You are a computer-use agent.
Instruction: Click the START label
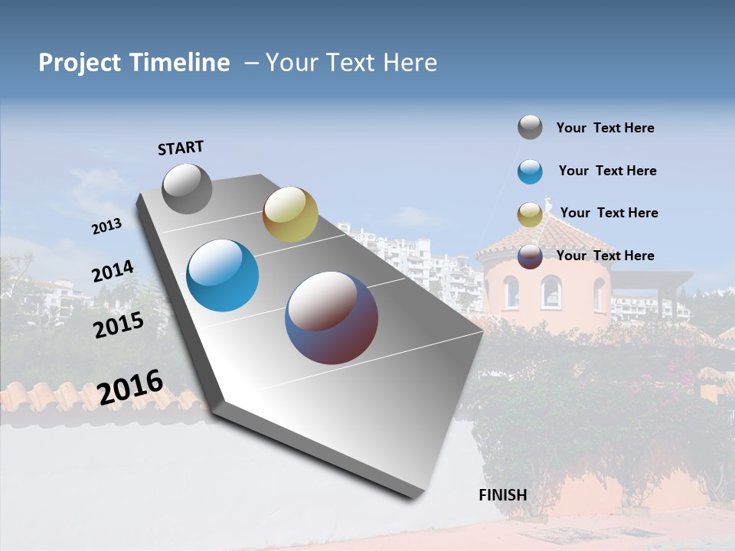point(181,148)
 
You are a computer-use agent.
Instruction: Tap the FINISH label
point(503,494)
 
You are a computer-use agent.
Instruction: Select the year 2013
point(106,227)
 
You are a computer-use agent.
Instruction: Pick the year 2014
point(113,272)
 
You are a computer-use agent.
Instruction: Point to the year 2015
point(119,326)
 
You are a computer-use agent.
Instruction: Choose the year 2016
point(130,387)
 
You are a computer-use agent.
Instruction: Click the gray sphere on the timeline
point(188,189)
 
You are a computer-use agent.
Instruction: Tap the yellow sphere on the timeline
point(290,214)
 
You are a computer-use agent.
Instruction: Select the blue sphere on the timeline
point(223,275)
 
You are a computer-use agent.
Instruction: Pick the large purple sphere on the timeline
point(332,318)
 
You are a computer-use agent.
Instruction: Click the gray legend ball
point(530,127)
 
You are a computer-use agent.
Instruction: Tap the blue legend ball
point(530,171)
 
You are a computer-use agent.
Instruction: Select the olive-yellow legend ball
point(530,214)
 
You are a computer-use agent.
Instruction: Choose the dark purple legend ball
point(530,257)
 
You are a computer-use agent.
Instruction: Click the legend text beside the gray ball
point(605,128)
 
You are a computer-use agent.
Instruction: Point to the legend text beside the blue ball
point(607,171)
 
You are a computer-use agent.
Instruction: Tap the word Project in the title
point(78,63)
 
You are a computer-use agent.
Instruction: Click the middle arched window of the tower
point(550,292)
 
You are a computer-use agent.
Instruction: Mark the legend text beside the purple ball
point(605,256)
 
